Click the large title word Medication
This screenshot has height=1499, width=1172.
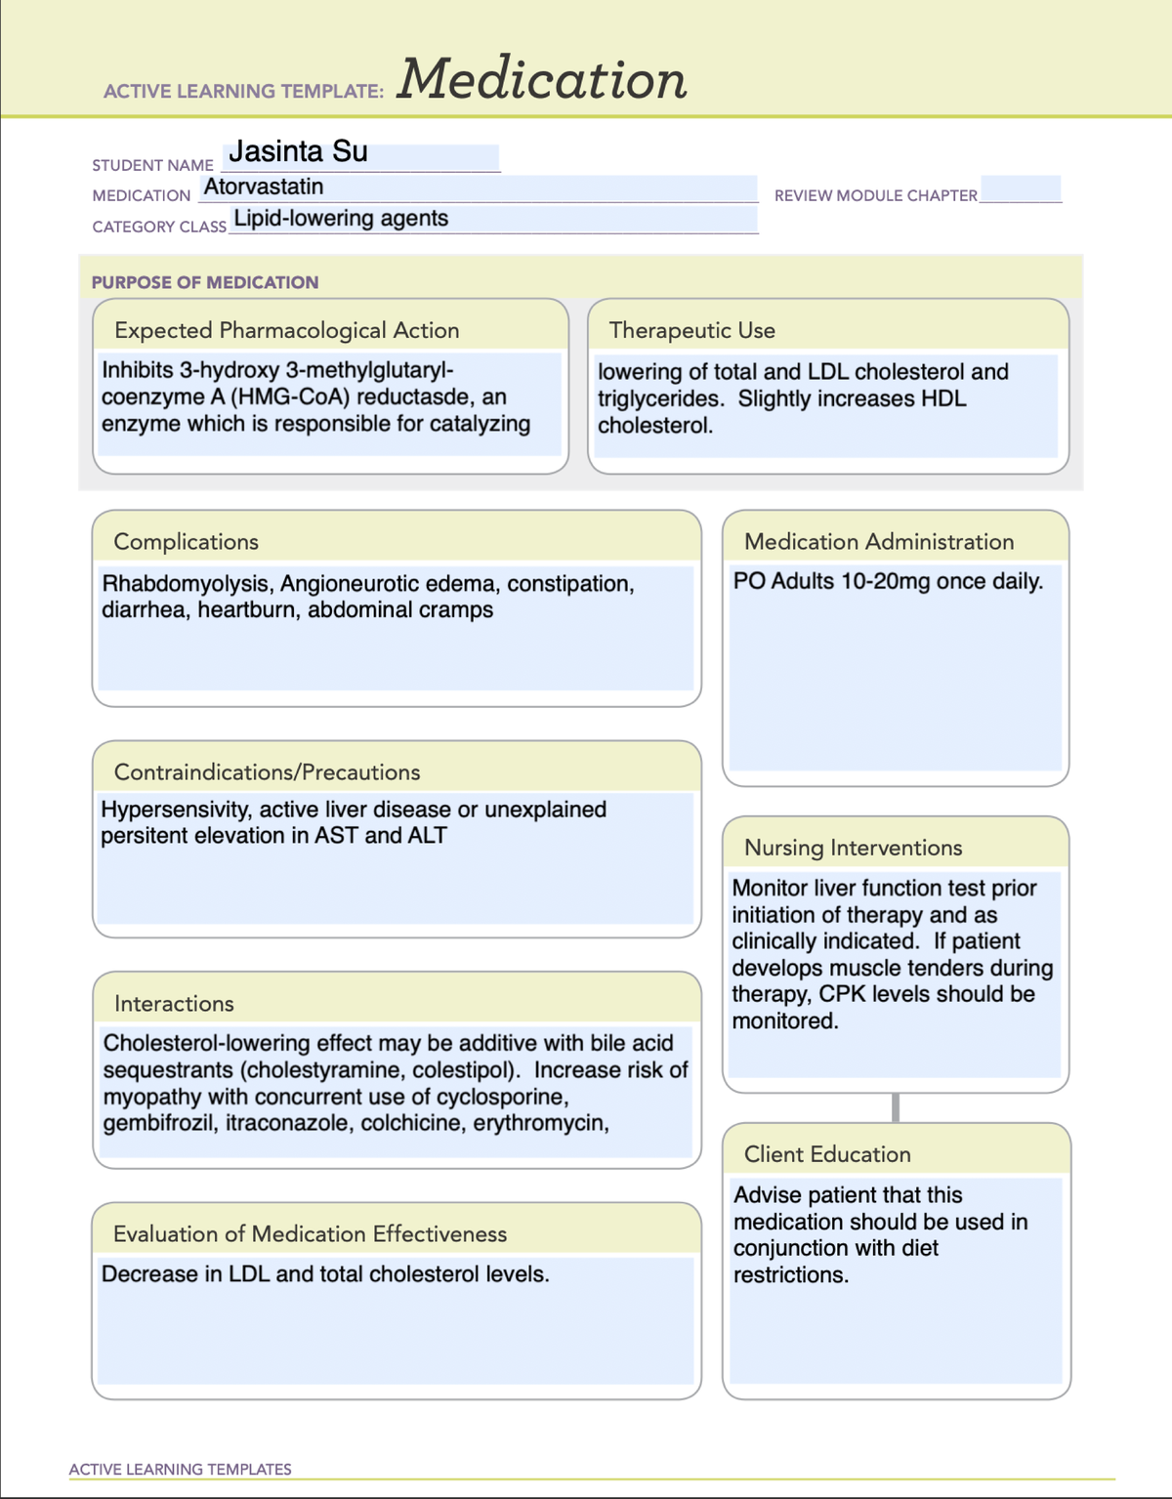542,80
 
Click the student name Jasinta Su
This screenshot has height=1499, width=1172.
298,152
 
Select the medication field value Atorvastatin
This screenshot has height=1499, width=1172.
264,187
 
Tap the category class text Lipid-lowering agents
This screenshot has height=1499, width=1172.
341,219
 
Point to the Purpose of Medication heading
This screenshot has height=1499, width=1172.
205,282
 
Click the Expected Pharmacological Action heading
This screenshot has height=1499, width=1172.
286,330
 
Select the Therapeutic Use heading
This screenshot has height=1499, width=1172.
691,330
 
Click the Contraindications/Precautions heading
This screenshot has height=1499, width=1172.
267,772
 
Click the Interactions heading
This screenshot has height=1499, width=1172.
174,1004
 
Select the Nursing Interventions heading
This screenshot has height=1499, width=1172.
853,848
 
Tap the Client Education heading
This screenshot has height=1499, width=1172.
827,1154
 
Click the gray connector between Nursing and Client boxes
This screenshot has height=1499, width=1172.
896,1107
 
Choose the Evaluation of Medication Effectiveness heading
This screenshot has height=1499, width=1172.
310,1234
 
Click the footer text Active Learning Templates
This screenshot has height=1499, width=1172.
180,1469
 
